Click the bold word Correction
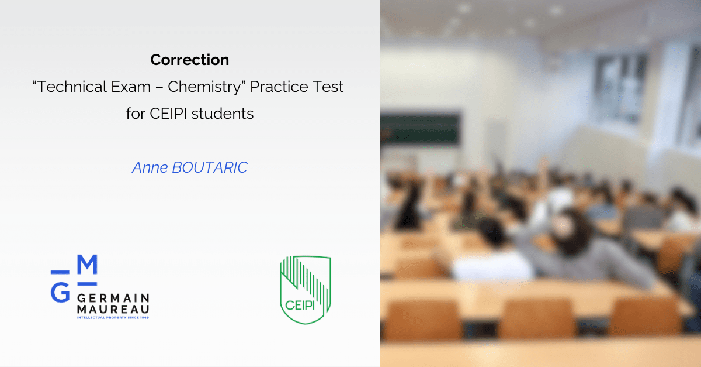point(190,60)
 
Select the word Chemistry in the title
point(204,87)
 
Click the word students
point(223,114)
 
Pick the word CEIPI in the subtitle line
point(168,114)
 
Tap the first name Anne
point(150,167)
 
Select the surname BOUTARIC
point(210,167)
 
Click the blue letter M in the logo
point(87,264)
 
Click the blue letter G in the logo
point(60,292)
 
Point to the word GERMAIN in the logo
point(113,298)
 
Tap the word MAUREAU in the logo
point(113,310)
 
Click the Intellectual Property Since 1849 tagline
point(113,318)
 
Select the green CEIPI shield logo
point(305,290)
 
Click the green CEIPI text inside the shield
point(300,305)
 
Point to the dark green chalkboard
point(420,129)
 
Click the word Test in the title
point(328,87)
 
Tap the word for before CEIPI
point(136,114)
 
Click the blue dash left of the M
point(60,272)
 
